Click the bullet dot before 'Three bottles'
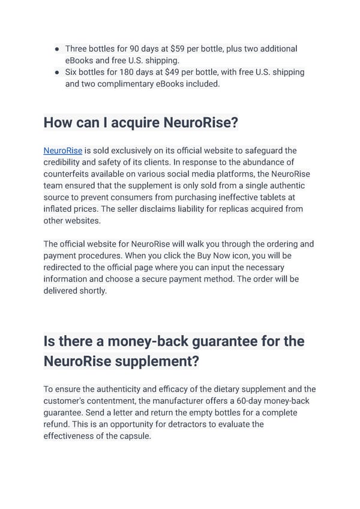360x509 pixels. (x=56, y=49)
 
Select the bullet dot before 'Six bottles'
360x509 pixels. (x=56, y=72)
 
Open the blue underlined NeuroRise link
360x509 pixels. (x=62, y=151)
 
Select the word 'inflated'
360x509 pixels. (x=59, y=209)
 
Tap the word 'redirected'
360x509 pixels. (x=66, y=267)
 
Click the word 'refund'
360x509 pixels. (x=58, y=424)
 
